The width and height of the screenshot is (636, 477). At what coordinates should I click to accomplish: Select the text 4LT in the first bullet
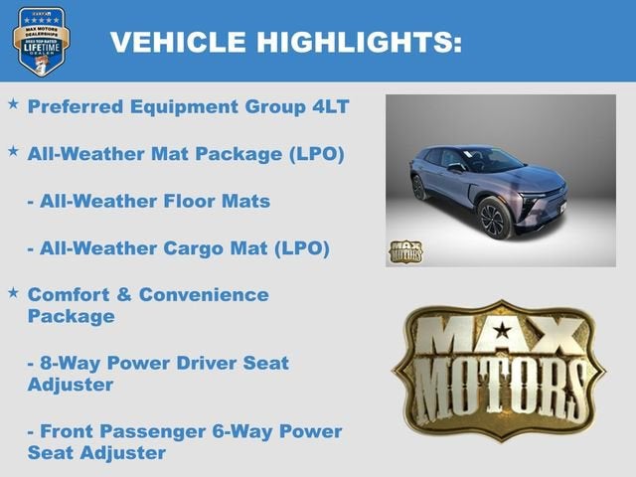(x=327, y=106)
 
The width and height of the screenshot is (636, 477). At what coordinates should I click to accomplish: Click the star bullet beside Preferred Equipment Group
(x=12, y=104)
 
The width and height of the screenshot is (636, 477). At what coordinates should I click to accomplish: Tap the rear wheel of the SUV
(x=418, y=187)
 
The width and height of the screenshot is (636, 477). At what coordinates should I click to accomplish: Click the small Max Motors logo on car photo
(x=404, y=251)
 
